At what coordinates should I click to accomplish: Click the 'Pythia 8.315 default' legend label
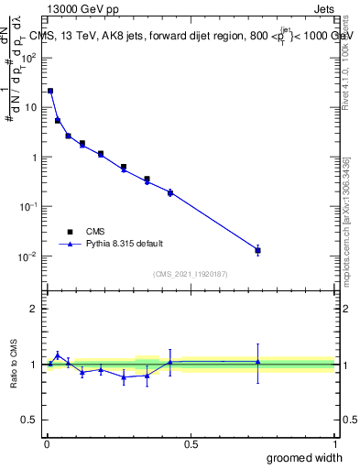click(x=125, y=244)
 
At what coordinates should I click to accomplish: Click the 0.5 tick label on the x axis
click(x=191, y=444)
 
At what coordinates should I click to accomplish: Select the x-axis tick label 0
click(x=46, y=444)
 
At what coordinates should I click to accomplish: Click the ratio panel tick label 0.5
click(x=31, y=420)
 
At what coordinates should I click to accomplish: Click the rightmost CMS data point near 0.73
click(x=258, y=250)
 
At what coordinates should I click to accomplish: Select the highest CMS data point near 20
click(x=50, y=91)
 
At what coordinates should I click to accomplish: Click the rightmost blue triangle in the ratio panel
click(x=258, y=362)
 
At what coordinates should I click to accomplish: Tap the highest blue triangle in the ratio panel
click(x=58, y=355)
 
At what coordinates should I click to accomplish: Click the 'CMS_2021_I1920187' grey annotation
click(x=191, y=274)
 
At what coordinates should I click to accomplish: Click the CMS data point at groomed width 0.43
click(x=170, y=192)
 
